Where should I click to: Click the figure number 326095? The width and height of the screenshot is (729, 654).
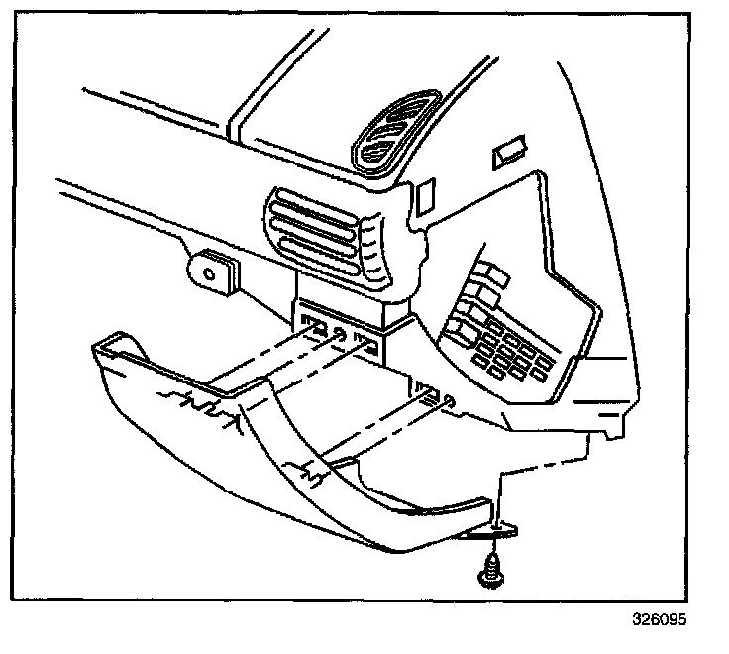point(659,621)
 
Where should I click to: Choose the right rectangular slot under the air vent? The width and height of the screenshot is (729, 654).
point(364,346)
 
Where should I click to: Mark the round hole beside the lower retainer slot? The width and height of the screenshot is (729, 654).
point(451,402)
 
